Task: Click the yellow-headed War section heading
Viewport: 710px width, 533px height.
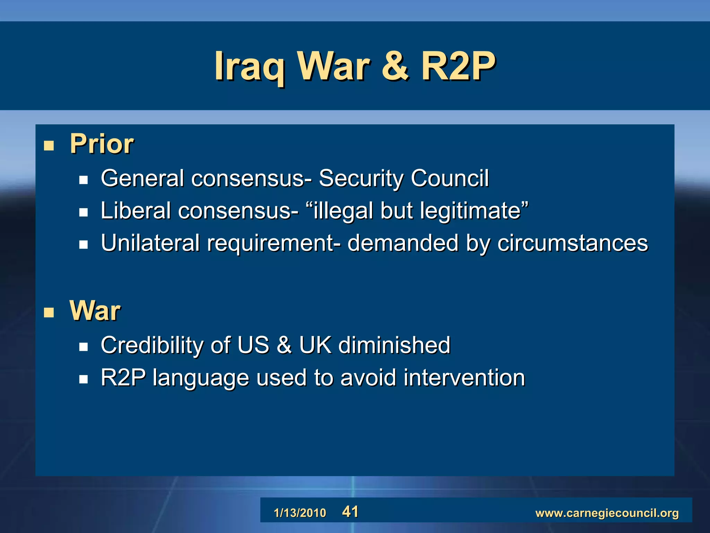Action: (x=95, y=311)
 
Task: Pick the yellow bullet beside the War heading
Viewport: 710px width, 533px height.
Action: (x=49, y=313)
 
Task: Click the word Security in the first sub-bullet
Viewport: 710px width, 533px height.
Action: (x=361, y=178)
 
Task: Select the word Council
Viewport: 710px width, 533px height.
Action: (x=450, y=178)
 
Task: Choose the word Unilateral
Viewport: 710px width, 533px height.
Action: (x=150, y=243)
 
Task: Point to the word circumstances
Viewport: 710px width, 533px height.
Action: (x=572, y=243)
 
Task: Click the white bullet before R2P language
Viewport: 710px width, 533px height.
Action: (x=83, y=379)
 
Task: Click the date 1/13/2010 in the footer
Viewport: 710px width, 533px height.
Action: (x=300, y=513)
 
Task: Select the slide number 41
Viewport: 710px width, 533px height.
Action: (x=350, y=512)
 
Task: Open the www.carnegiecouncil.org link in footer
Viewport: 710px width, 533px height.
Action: (x=607, y=513)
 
